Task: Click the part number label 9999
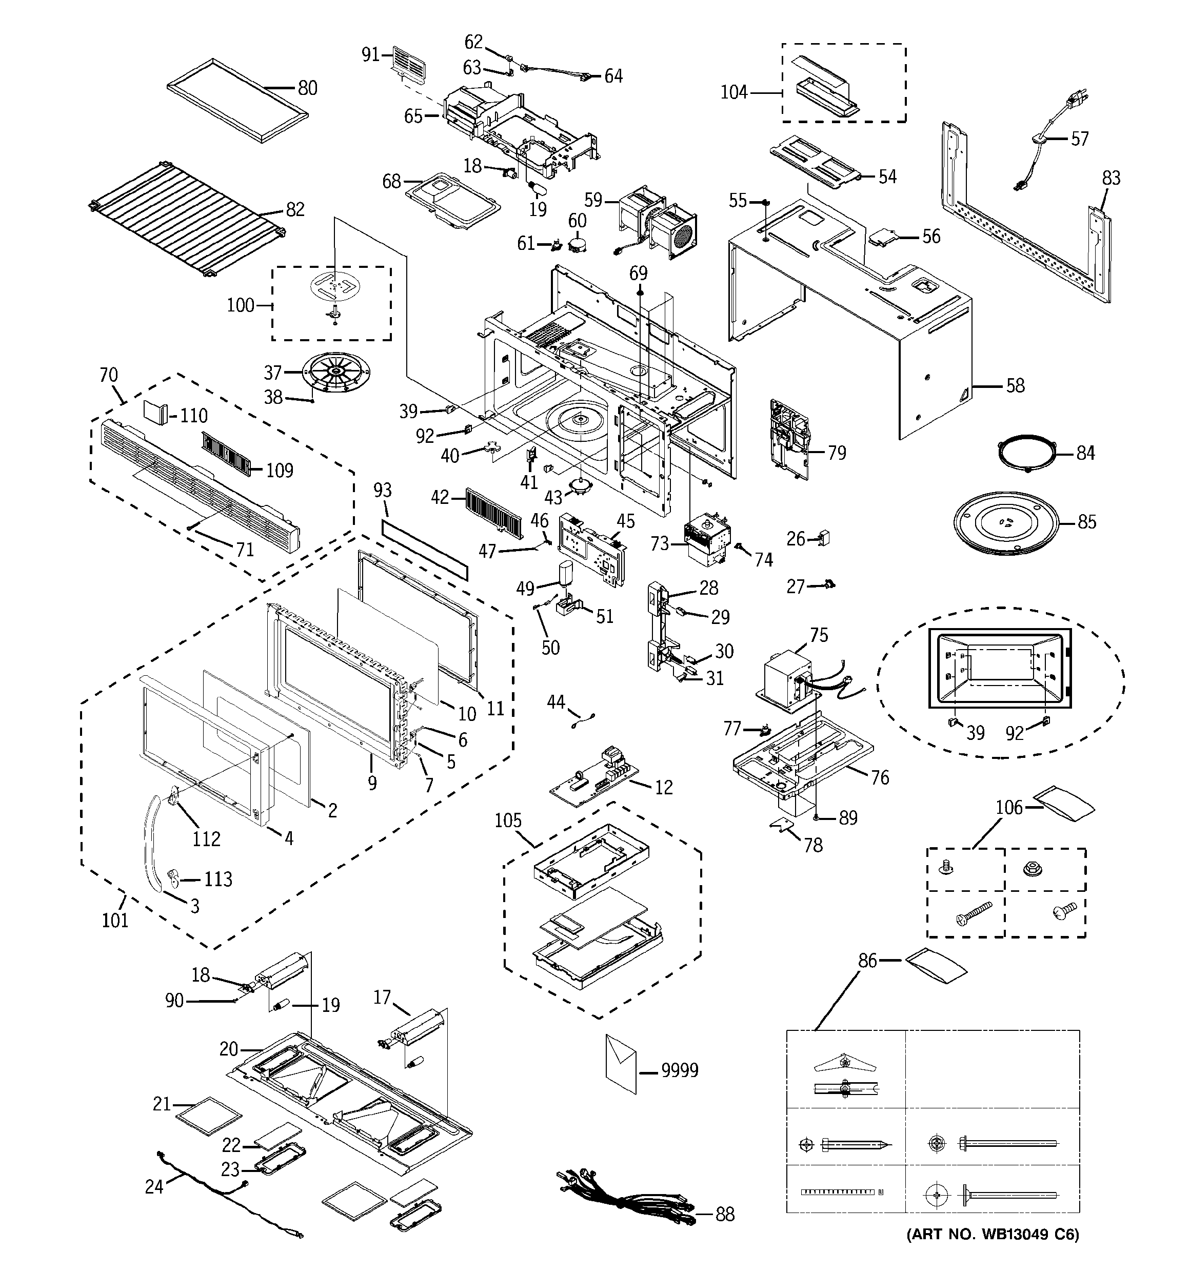(x=680, y=1070)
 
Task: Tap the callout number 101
(x=115, y=921)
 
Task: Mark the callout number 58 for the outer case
(x=1015, y=386)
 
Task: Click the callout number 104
(x=734, y=93)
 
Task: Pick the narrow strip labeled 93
(x=424, y=549)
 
